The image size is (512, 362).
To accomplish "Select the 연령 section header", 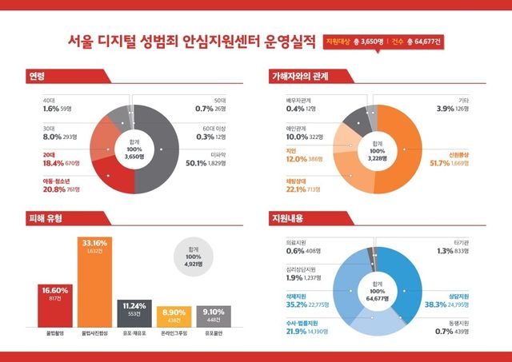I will point(38,77).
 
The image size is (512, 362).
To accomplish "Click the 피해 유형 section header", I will point(46,218).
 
